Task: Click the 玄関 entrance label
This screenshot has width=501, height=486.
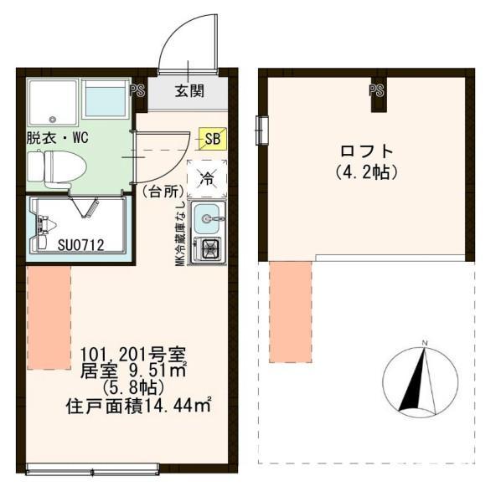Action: pos(189,91)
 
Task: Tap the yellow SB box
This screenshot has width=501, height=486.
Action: pos(213,139)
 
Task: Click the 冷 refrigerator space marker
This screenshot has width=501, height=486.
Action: pos(207,176)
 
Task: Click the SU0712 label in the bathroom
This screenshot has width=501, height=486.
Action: pos(80,245)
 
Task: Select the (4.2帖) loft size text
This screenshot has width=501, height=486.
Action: pos(366,172)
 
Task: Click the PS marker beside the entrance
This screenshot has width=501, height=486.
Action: pos(137,90)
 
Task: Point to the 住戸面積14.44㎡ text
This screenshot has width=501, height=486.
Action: pos(137,407)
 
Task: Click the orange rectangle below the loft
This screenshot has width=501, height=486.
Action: pos(291,310)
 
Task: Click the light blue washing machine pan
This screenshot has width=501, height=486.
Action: pos(106,101)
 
